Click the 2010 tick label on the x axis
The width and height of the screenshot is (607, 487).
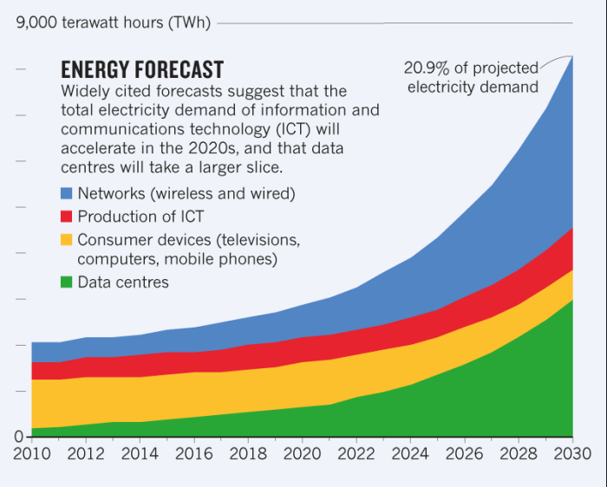click(31, 454)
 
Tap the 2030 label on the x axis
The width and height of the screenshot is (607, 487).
click(572, 454)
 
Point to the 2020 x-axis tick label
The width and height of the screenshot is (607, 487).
click(302, 454)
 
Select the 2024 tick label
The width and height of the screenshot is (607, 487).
click(410, 454)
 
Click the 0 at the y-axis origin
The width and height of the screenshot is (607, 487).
click(18, 437)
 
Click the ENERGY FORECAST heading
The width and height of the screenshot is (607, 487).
click(142, 70)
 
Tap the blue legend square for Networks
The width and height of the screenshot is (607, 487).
click(67, 192)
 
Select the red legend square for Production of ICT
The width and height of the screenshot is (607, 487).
click(67, 216)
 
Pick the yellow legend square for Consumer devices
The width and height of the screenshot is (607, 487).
click(67, 239)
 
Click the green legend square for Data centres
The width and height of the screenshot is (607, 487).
click(67, 282)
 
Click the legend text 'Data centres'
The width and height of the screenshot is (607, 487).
click(123, 282)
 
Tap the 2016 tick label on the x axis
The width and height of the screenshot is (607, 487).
click(193, 454)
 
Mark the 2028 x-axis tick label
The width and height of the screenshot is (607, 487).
click(519, 454)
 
